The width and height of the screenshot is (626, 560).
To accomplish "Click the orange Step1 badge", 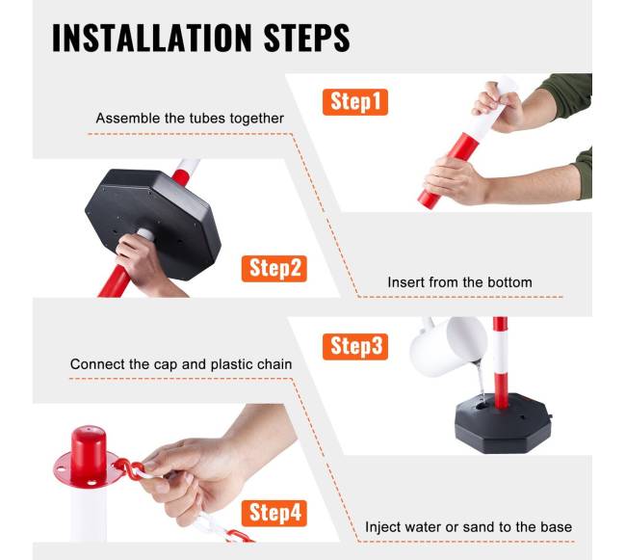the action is pos(355,102).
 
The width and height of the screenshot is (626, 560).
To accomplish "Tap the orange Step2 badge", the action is pos(274,269).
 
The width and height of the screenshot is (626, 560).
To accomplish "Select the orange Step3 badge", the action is pos(355,347).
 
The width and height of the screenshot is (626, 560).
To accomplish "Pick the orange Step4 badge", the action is pos(274,514).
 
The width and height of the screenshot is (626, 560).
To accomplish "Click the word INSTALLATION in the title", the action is pos(152,38).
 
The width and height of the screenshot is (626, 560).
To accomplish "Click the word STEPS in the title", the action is pos(306,38).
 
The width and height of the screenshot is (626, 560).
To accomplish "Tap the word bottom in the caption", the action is pos(511,282).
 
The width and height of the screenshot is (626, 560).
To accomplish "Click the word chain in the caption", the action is pos(274,364).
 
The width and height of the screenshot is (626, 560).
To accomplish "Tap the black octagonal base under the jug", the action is pos(503,422).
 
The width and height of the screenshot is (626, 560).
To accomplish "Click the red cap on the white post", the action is pos(88,457).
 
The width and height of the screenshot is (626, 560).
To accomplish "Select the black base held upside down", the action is pos(153,224).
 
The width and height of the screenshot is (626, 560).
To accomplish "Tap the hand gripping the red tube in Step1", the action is pos(455,179).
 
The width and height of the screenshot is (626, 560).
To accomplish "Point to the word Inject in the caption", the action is pos(383,527).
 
